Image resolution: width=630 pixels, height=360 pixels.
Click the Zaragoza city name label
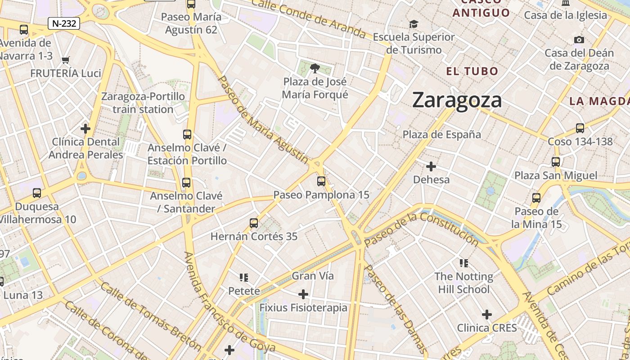tap(457, 100)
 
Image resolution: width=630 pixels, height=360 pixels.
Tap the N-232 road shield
tap(64, 23)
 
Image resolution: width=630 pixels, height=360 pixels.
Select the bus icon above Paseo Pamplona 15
tap(321, 181)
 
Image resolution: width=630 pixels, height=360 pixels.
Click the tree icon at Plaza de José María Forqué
tap(315, 68)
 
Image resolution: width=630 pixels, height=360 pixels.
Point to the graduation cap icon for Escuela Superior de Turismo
tap(414, 24)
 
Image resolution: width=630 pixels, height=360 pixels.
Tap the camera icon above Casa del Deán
tap(579, 40)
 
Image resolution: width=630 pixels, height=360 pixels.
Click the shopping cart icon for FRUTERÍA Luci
tap(66, 60)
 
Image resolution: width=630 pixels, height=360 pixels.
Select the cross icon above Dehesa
tap(431, 166)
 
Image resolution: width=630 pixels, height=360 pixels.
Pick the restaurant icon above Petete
tap(244, 278)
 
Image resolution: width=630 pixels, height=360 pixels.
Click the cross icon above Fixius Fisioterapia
tap(303, 294)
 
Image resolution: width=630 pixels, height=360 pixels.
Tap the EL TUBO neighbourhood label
tap(472, 71)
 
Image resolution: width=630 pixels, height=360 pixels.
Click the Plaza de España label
tap(441, 135)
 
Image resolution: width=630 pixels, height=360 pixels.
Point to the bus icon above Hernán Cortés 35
tap(254, 223)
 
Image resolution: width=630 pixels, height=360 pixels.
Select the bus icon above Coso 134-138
tap(580, 128)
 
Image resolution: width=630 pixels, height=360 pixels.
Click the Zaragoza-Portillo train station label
tap(143, 103)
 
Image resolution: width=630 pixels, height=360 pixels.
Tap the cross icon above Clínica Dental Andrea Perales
tap(85, 129)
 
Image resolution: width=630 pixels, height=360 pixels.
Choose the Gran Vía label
tap(313, 276)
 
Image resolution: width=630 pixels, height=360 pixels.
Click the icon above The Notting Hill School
tap(464, 263)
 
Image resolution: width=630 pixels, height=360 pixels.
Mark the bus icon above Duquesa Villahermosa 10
tap(37, 193)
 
